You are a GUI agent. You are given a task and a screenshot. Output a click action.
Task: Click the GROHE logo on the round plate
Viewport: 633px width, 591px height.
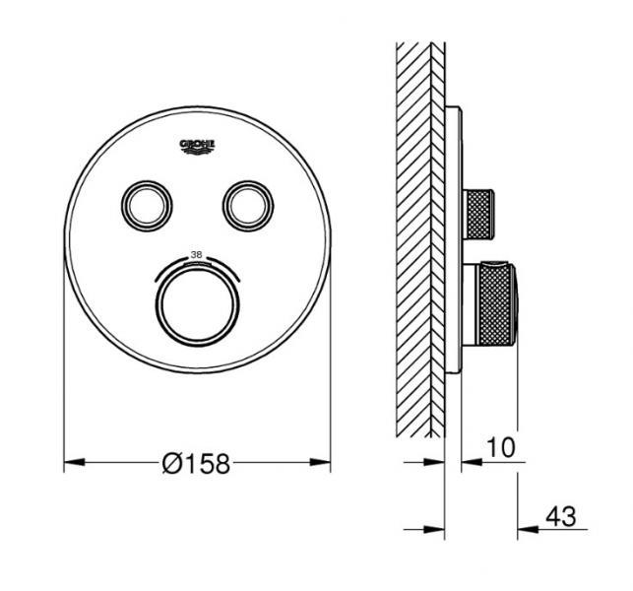[x=197, y=147]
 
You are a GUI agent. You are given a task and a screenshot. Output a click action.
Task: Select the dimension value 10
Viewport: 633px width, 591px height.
[x=500, y=448]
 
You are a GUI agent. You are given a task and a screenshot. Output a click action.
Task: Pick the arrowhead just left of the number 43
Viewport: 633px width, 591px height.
[x=529, y=530]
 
